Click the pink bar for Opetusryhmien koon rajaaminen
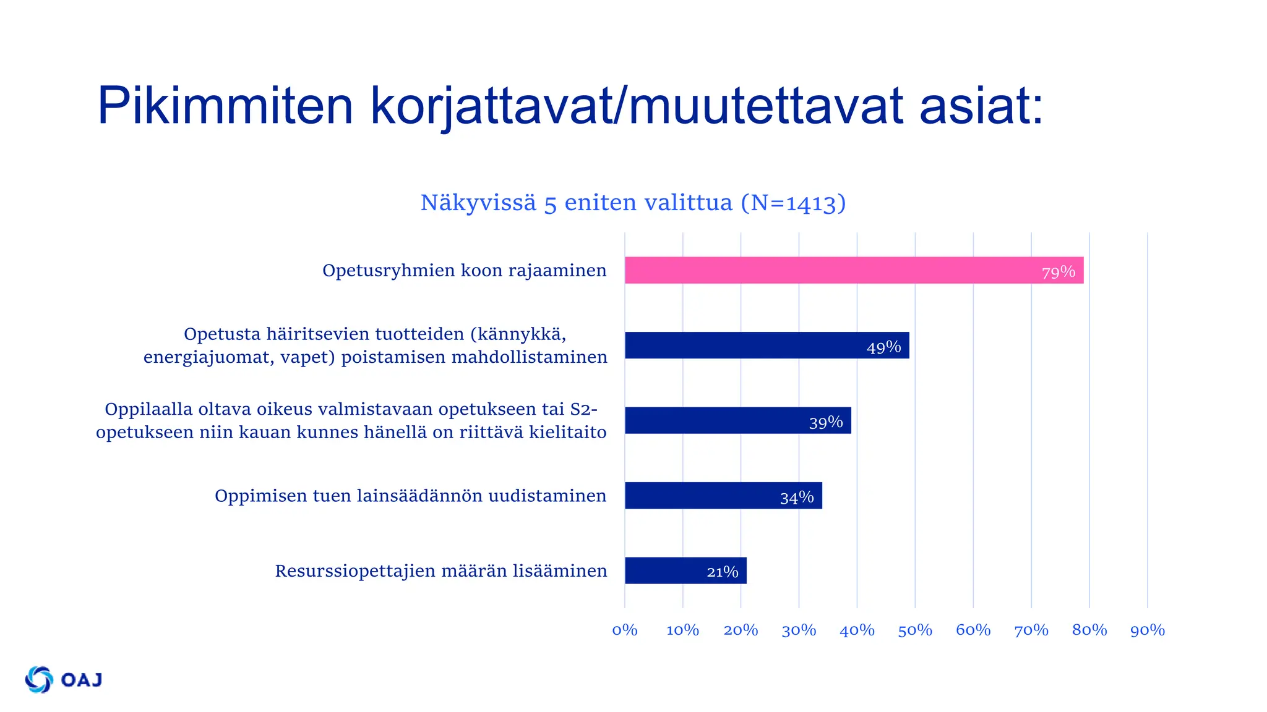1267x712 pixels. [854, 270]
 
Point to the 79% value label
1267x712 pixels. [1059, 272]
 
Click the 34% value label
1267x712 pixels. [797, 498]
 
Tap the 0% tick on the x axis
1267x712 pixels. [625, 630]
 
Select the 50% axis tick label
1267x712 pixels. [915, 630]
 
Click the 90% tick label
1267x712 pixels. [1148, 630]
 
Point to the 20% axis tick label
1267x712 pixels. [741, 630]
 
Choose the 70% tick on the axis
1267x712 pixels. [1031, 630]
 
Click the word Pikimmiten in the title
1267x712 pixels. [225, 106]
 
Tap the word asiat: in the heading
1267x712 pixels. [981, 106]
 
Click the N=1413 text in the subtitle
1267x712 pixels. [794, 203]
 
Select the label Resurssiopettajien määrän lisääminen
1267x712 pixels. [441, 571]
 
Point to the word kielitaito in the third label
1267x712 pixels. [567, 432]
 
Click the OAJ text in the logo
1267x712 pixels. [82, 680]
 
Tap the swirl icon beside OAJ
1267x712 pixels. [39, 680]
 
